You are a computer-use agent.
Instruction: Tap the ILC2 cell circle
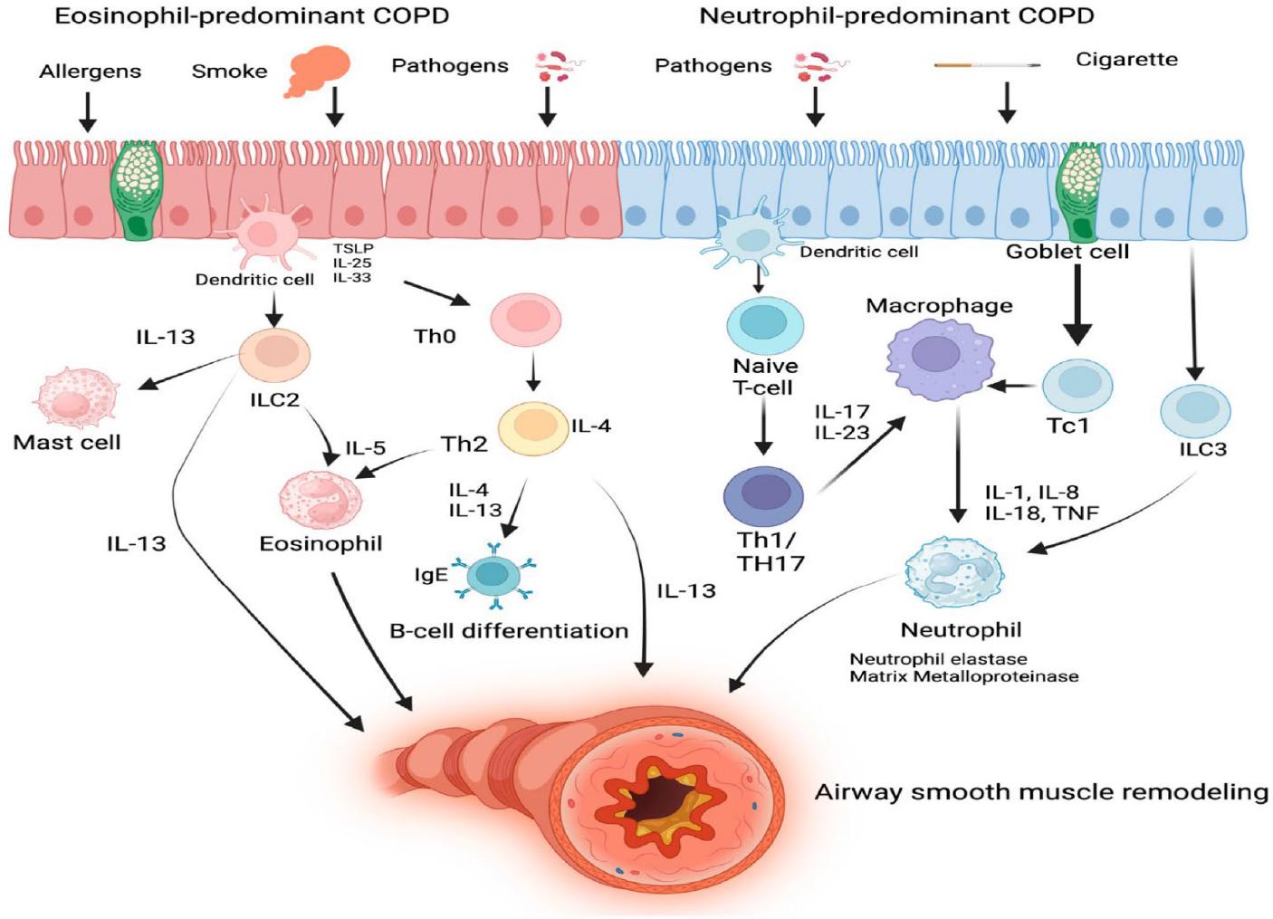275,354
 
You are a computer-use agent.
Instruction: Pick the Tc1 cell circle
1077,385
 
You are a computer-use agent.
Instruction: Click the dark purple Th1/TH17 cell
763,497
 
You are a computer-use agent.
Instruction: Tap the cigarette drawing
987,65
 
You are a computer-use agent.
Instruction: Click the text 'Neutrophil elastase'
938,659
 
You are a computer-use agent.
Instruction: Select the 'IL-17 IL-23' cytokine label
841,423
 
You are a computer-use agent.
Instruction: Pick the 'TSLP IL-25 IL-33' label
352,263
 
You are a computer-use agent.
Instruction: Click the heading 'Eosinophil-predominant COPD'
252,15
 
